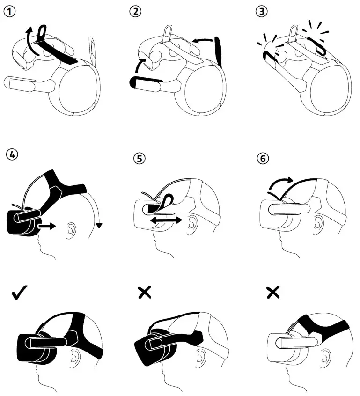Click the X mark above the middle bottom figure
[x=145, y=293]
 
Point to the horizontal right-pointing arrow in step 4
[x=47, y=226]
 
